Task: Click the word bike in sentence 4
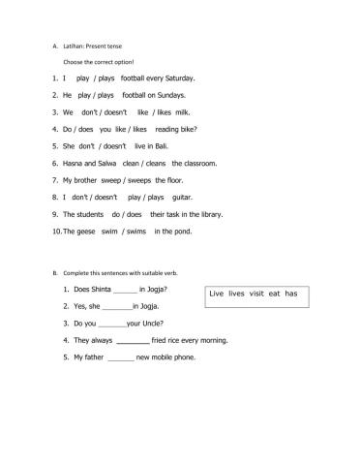tap(191, 129)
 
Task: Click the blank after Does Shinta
tap(126, 291)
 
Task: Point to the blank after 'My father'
tap(121, 357)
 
